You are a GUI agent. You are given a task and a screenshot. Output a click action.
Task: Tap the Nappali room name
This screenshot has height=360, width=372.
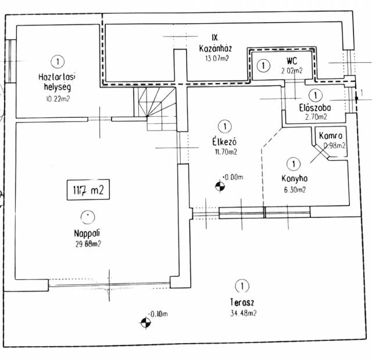coord(87,233)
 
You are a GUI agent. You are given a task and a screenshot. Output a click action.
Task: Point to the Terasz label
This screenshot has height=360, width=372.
coord(241,303)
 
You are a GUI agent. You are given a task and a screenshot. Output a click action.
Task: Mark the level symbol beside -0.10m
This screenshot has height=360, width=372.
coord(144,322)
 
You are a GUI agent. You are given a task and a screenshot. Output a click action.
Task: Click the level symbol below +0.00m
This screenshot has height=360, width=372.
coord(220,186)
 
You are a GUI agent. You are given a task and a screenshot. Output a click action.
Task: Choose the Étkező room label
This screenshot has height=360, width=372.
coord(223,142)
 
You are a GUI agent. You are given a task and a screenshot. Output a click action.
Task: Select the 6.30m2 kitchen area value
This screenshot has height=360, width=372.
coord(295,189)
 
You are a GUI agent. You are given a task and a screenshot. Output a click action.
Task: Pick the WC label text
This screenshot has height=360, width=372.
coord(293,61)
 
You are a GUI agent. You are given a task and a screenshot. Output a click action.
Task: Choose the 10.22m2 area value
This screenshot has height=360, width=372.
coord(57,99)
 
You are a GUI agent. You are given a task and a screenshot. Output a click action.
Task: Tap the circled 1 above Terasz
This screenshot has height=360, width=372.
coord(241,286)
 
